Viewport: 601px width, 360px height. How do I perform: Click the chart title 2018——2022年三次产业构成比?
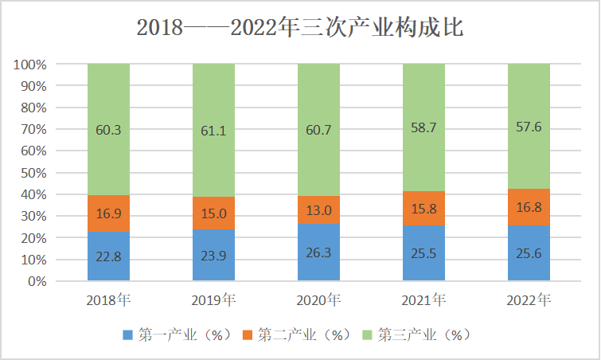(300, 28)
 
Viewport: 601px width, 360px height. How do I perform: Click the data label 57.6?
(529, 127)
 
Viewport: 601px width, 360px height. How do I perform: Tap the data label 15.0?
(213, 213)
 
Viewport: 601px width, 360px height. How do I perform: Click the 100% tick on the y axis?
(30, 64)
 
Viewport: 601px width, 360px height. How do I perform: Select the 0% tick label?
(37, 281)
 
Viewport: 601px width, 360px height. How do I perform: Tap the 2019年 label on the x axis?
(213, 300)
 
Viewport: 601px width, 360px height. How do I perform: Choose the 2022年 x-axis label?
(529, 300)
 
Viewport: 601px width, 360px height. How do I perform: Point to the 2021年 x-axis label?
(423, 300)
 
